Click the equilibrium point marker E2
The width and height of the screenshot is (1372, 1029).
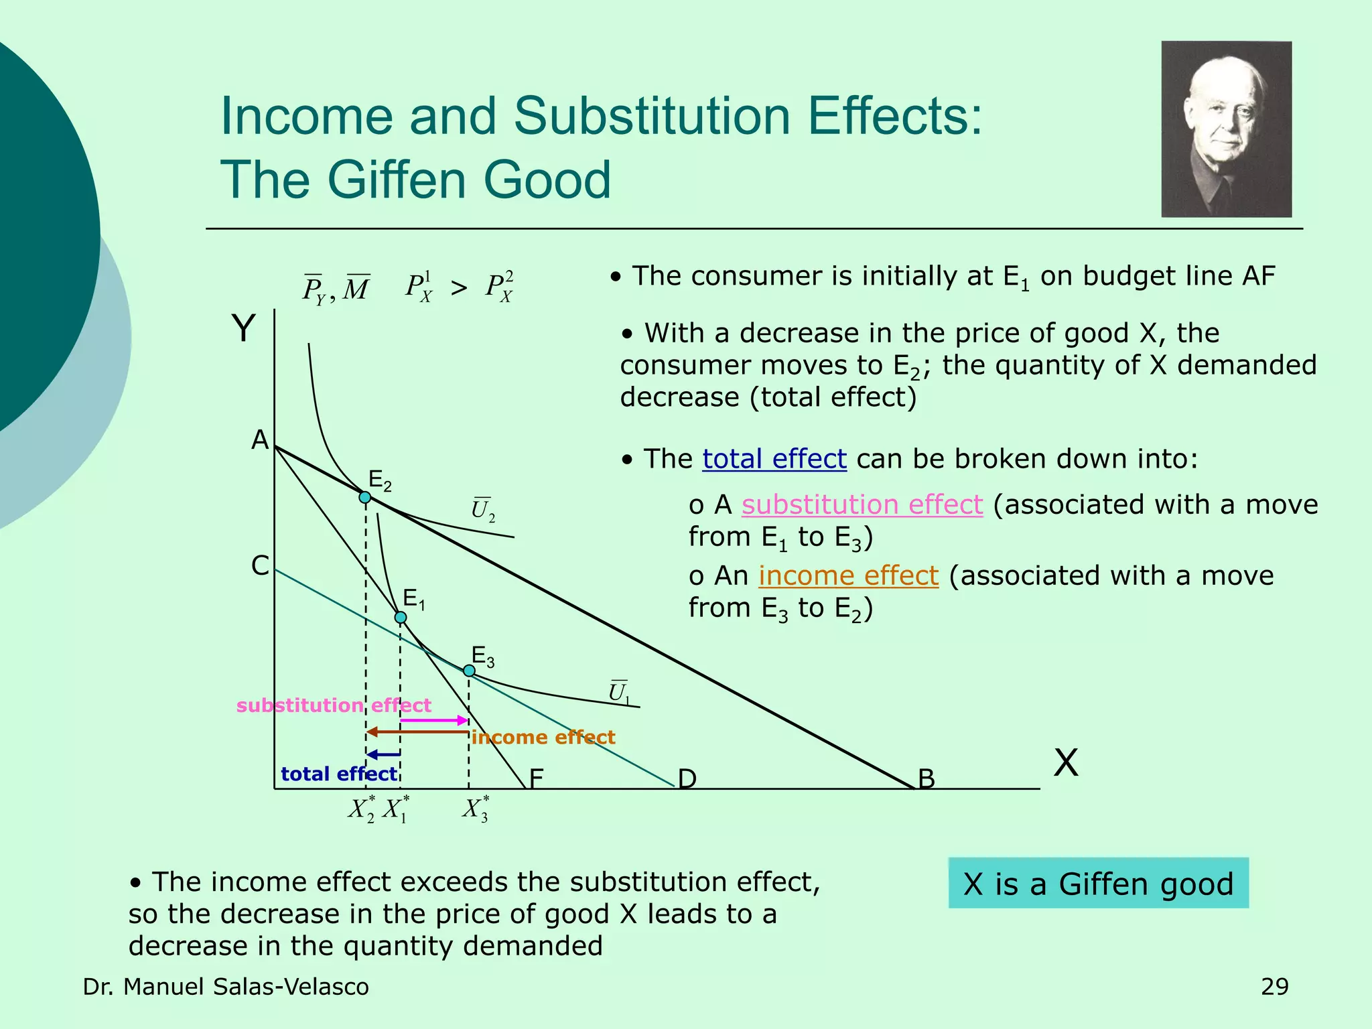(365, 497)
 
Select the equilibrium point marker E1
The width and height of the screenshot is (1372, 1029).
(400, 617)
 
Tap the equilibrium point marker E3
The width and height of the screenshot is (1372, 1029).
(469, 671)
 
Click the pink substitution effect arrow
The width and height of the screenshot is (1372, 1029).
(433, 720)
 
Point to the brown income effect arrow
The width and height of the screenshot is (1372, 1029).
(417, 732)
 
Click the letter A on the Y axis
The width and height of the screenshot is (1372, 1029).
(260, 440)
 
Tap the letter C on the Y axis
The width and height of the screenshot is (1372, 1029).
(260, 566)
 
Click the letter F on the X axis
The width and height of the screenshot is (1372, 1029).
(536, 779)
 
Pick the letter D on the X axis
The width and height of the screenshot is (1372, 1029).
(687, 779)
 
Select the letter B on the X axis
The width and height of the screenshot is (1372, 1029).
(927, 779)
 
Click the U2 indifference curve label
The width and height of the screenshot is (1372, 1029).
(483, 510)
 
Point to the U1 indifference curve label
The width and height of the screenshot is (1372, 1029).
(619, 692)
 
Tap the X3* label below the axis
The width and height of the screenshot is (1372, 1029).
(476, 809)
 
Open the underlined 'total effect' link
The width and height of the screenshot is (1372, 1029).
(774, 459)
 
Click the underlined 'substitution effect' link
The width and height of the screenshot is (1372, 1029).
(862, 504)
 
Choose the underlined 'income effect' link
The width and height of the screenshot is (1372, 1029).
(848, 575)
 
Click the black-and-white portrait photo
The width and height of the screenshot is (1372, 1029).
(1226, 129)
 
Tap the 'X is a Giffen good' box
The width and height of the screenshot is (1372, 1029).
(1098, 884)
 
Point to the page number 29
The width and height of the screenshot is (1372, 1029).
(1274, 987)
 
